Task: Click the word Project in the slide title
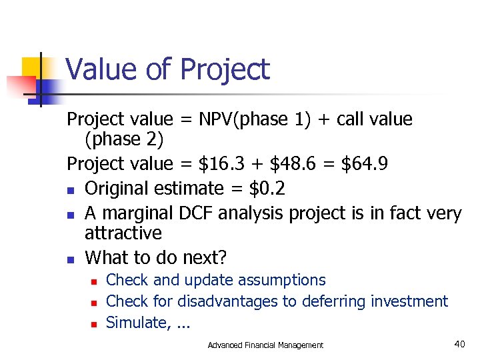click(x=225, y=70)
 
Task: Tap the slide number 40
click(x=459, y=343)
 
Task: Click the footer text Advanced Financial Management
click(x=265, y=345)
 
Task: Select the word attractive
click(x=123, y=233)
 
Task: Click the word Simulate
click(x=133, y=323)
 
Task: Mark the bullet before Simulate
click(x=94, y=324)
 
